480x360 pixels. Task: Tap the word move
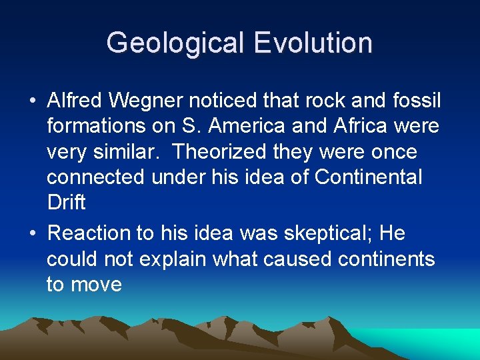click(x=97, y=285)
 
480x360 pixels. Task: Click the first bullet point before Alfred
click(x=33, y=101)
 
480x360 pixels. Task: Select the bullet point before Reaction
click(x=33, y=234)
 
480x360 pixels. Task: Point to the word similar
click(x=128, y=152)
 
